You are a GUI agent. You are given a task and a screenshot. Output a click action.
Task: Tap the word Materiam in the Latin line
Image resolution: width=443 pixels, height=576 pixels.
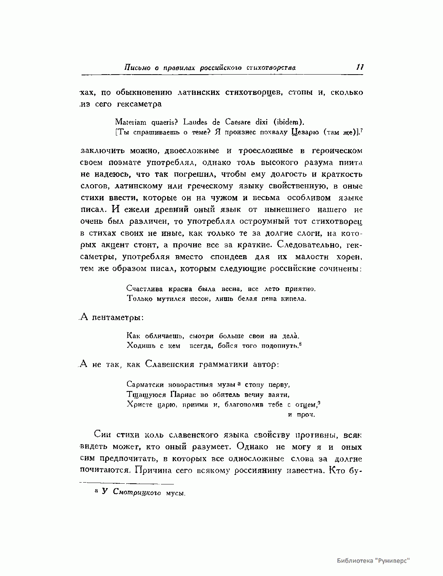click(x=131, y=121)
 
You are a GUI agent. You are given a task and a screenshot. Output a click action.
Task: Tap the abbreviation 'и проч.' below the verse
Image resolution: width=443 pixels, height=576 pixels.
click(x=301, y=415)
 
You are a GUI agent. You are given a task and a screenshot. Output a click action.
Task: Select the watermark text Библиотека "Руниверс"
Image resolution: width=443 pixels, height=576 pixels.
click(x=373, y=560)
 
